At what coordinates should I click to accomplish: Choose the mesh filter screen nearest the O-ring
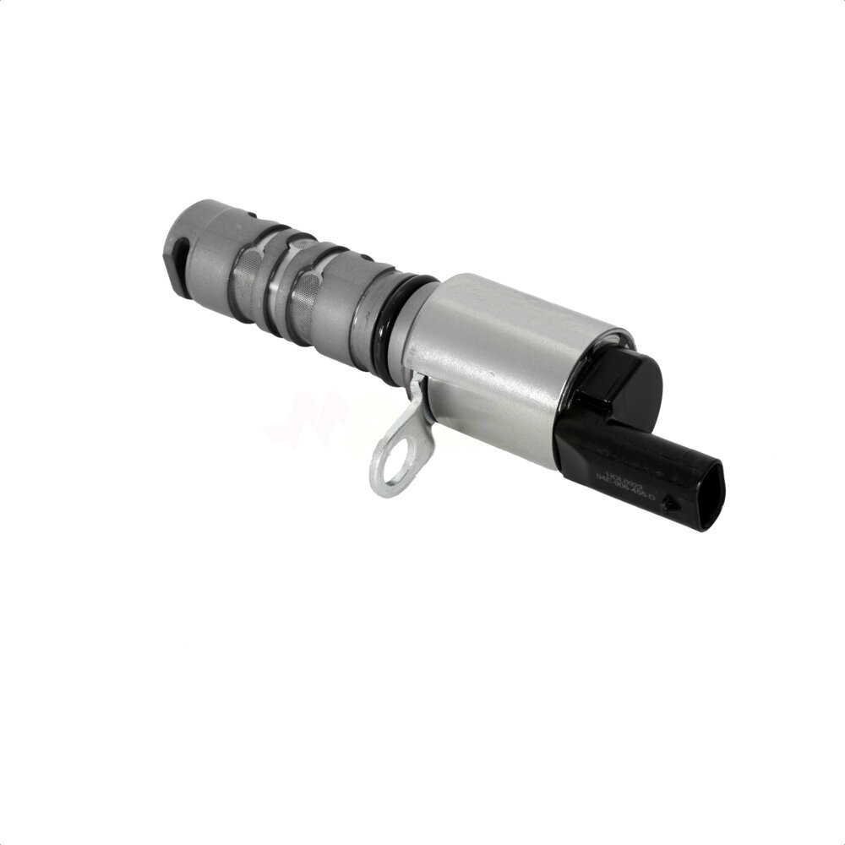[x=306, y=296]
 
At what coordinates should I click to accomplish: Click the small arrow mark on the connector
[x=669, y=504]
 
